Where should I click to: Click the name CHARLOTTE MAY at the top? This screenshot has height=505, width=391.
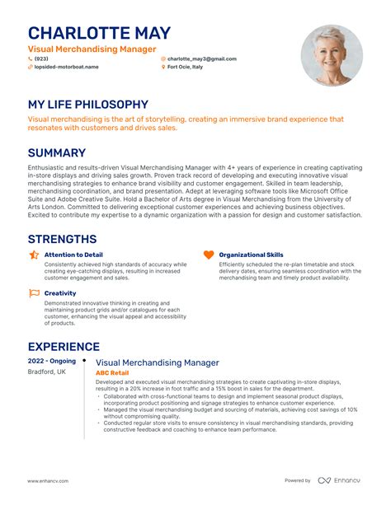100,33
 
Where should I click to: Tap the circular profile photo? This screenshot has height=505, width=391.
332,55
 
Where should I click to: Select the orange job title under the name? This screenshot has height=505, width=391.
92,49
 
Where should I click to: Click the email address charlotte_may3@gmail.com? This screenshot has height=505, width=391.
202,59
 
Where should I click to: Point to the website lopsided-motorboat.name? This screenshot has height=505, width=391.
66,68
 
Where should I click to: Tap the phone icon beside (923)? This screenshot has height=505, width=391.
30,59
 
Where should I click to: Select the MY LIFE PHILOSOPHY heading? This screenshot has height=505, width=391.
88,105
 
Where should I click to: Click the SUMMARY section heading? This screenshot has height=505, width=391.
57,152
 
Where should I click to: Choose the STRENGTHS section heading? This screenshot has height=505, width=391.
62,239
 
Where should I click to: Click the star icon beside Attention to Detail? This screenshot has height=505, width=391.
34,255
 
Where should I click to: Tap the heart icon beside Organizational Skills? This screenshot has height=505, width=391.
208,255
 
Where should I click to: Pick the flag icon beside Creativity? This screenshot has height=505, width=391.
34,292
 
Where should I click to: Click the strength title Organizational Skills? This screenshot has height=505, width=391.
251,255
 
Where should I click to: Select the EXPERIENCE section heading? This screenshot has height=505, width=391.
64,347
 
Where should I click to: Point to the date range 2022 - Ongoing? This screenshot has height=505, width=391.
52,362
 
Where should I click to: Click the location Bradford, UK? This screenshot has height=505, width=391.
46,372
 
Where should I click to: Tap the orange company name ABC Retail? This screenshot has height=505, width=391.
112,372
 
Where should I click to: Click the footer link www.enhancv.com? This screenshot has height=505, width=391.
48,480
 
